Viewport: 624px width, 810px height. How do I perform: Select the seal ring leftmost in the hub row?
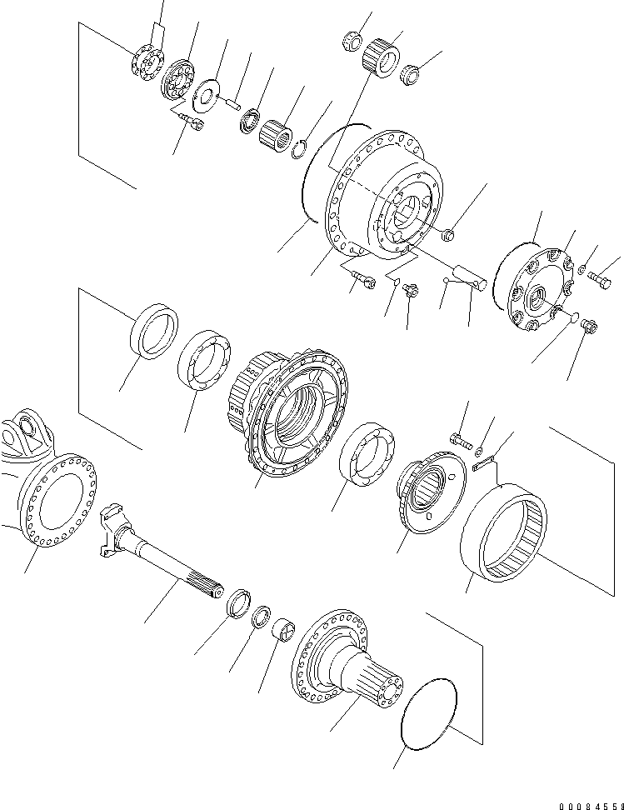[x=153, y=331]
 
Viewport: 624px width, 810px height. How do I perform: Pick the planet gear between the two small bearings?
[x=379, y=53]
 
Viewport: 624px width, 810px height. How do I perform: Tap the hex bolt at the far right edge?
[x=598, y=278]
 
